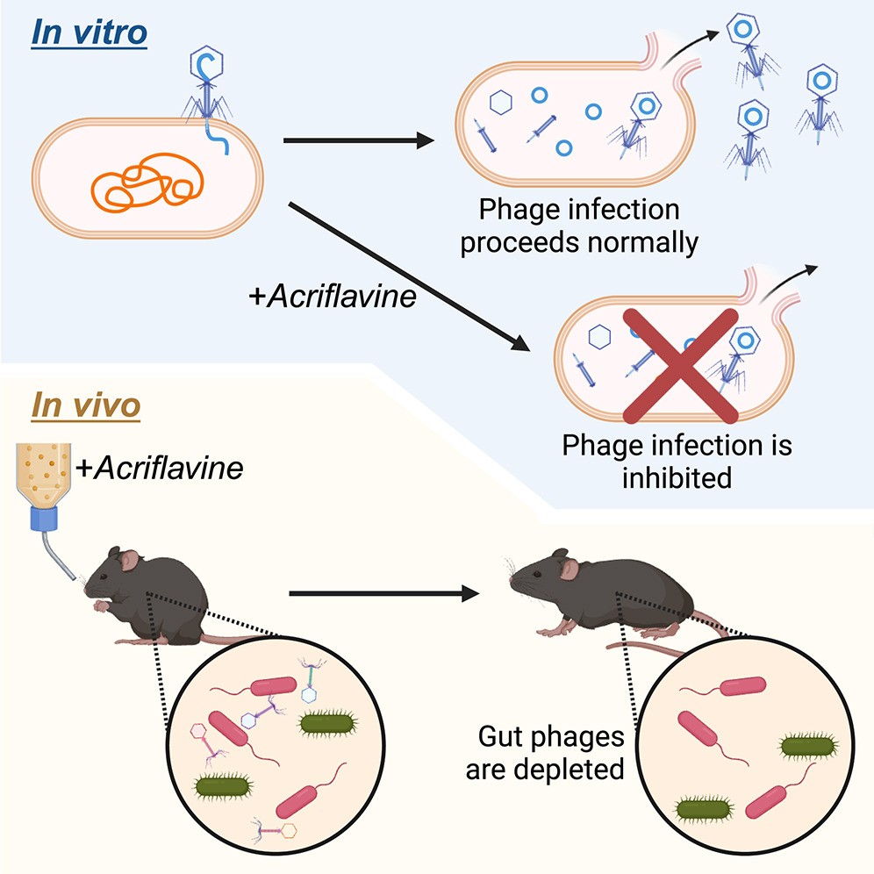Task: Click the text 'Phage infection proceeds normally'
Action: pyautogui.click(x=579, y=226)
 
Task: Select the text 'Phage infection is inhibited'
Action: pyautogui.click(x=677, y=462)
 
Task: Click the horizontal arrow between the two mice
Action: pyautogui.click(x=386, y=594)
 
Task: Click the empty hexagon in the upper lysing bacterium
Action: pyautogui.click(x=499, y=104)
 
